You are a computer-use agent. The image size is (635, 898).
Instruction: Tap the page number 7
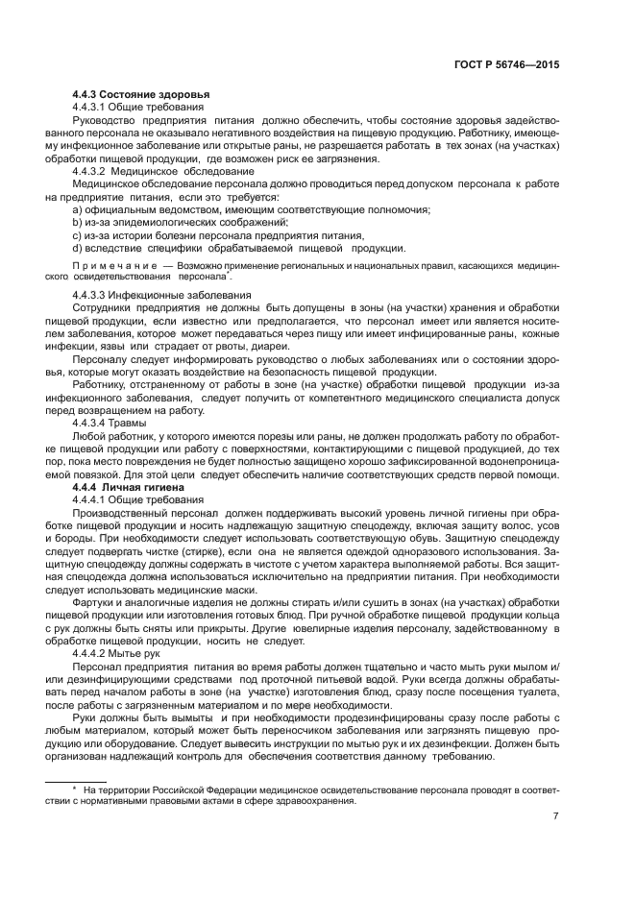tap(555, 817)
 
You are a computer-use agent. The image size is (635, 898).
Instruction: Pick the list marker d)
tap(77, 247)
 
